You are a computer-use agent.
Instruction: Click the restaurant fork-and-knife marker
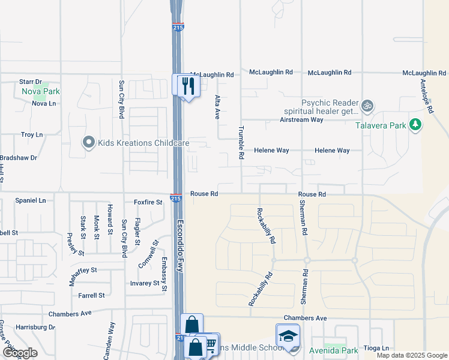(187, 85)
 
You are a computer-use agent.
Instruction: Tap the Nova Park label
(41, 92)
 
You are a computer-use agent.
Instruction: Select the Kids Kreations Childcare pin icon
(89, 143)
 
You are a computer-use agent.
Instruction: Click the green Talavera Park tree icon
(415, 125)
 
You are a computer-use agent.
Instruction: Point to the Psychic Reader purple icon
(367, 107)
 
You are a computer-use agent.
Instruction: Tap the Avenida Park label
(334, 350)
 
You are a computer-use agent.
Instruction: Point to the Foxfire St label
(148, 203)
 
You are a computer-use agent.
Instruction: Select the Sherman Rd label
(303, 218)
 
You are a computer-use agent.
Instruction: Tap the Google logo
(20, 352)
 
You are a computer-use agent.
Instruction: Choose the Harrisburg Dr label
(35, 328)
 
